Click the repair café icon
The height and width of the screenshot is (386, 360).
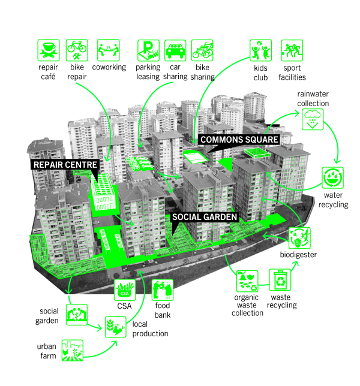tap(49, 50)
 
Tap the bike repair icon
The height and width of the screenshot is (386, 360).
tap(77, 50)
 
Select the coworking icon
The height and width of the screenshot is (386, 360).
tap(109, 50)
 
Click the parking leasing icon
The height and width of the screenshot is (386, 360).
tap(148, 50)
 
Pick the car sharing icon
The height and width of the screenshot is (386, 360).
tap(175, 50)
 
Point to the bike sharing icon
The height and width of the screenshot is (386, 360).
tap(202, 50)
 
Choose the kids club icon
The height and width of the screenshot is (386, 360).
tap(260, 50)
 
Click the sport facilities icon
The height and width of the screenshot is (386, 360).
tap(292, 50)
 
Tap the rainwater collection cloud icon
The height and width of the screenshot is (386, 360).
tap(313, 119)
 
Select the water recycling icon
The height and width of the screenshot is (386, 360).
tap(332, 178)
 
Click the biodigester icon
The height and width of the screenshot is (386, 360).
tap(299, 238)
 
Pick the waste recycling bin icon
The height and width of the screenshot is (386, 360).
tap(280, 280)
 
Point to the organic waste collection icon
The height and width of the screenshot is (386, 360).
tap(247, 281)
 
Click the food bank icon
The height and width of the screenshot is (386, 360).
tap(163, 290)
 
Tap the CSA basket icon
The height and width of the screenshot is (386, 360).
tap(125, 290)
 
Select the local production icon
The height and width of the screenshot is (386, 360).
tap(116, 327)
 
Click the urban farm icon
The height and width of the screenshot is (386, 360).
tap(73, 351)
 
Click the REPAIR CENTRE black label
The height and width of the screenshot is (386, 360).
tap(65, 165)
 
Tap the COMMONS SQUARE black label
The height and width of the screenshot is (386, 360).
tap(239, 140)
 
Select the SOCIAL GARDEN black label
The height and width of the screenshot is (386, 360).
tap(205, 217)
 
